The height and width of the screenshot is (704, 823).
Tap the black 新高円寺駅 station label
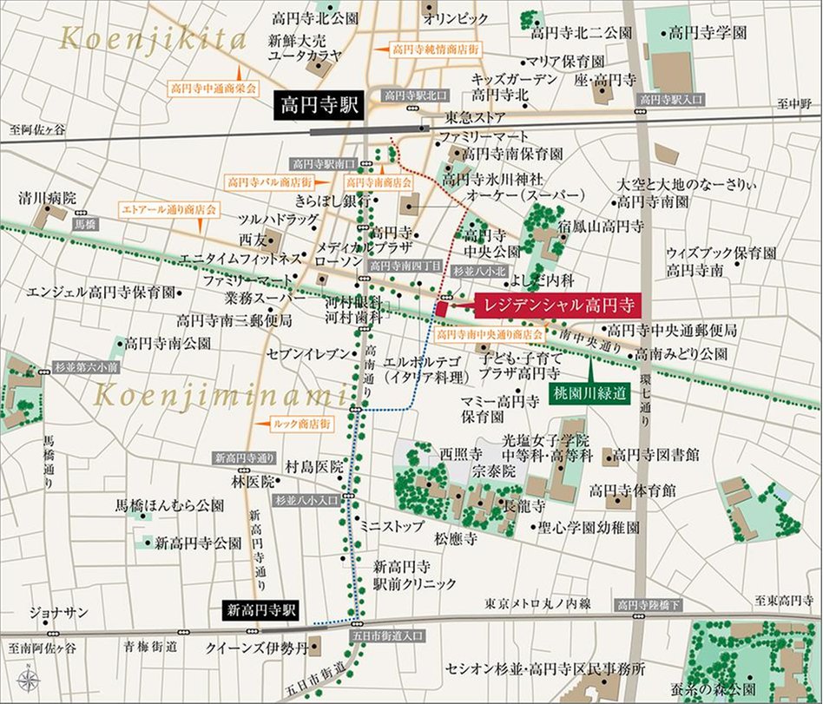click(x=260, y=609)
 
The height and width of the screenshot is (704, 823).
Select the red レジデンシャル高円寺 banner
click(x=556, y=306)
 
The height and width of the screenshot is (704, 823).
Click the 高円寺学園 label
click(x=707, y=32)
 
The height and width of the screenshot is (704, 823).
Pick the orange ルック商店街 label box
click(x=302, y=424)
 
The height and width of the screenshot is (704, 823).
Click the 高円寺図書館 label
click(x=656, y=454)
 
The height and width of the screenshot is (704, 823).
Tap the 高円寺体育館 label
click(x=632, y=490)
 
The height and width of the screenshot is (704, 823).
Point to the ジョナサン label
click(x=58, y=613)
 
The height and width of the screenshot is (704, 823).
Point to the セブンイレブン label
click(x=308, y=354)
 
